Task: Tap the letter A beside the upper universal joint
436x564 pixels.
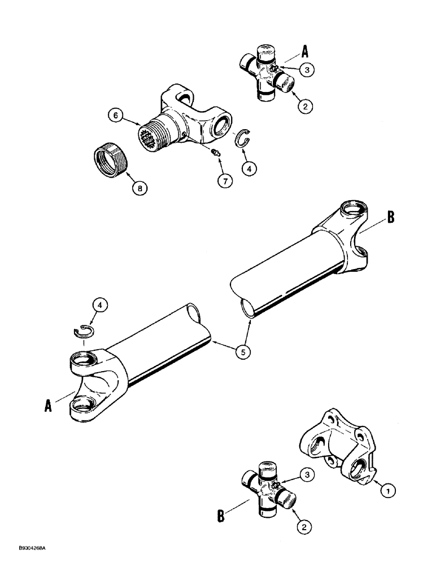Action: coord(305,51)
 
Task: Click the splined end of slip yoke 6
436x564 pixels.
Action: coord(148,136)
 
